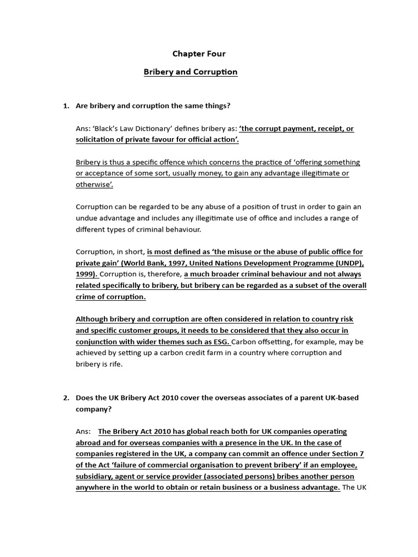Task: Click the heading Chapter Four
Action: [199, 53]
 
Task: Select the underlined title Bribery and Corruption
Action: [190, 72]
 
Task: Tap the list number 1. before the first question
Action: [66, 106]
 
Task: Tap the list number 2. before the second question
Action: [66, 398]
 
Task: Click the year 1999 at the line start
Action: [86, 274]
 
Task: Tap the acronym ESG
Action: [221, 342]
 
